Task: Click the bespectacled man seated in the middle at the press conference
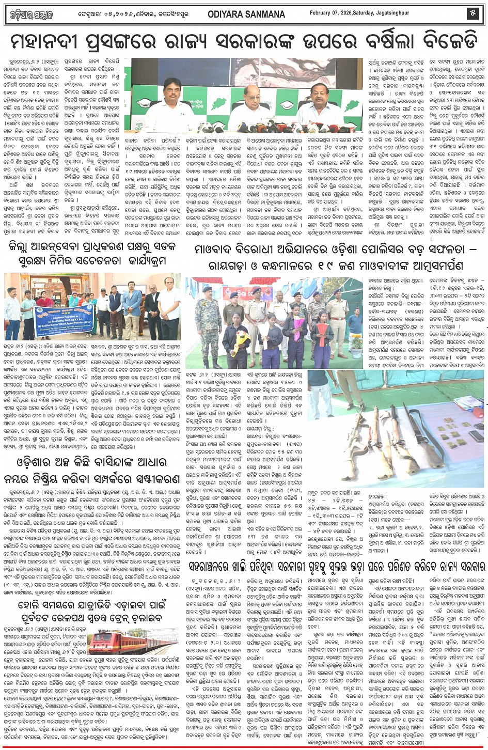[244, 105]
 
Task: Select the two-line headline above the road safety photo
[93, 254]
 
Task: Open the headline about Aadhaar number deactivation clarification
[93, 470]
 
